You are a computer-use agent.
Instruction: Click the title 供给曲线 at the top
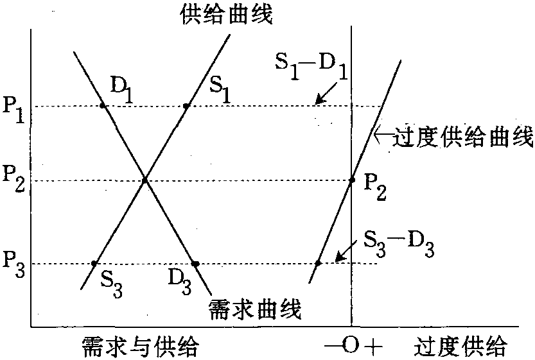tap(227, 15)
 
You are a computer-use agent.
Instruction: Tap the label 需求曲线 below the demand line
tap(255, 309)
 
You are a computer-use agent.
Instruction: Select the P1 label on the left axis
tap(13, 110)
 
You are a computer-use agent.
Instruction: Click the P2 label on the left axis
tap(13, 178)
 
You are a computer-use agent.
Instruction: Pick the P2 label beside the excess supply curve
tap(375, 187)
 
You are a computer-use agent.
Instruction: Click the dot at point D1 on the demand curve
tap(102, 106)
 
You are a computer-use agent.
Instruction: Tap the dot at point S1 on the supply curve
tap(186, 106)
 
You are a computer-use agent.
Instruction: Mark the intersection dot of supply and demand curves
tap(145, 180)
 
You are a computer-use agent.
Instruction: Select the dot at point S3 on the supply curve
tap(94, 263)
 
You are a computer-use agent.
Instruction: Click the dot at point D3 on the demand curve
tap(195, 264)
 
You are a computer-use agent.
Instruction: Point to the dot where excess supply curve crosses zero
tap(352, 180)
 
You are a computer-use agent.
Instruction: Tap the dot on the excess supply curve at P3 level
tap(318, 263)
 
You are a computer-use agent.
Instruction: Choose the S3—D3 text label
tap(399, 244)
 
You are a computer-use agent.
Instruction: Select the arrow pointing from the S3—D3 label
tap(346, 252)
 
